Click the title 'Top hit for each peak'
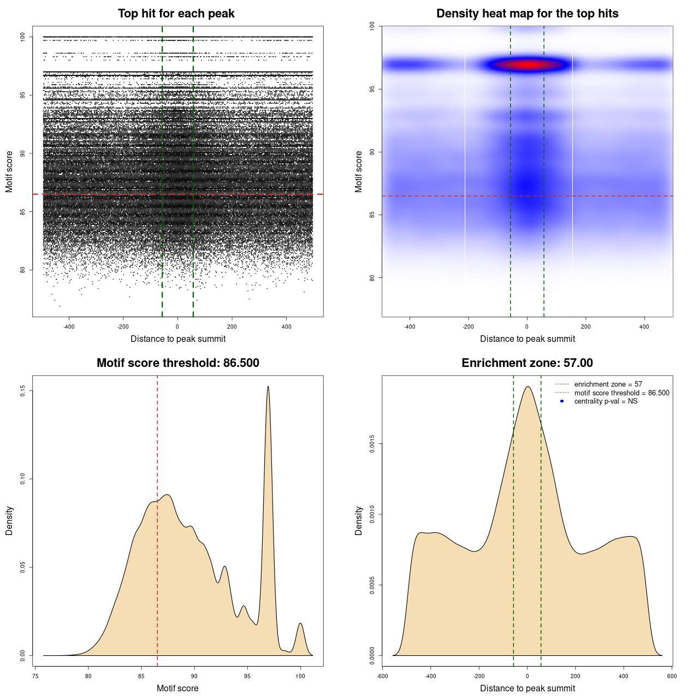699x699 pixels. coord(176,14)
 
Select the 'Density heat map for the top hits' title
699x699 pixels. coord(527,14)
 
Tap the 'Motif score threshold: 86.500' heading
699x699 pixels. coord(177,363)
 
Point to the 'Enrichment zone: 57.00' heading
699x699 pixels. coord(527,363)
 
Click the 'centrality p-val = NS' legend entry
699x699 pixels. coord(606,401)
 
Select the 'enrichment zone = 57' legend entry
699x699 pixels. coord(608,384)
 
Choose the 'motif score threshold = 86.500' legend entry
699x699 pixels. coord(621,393)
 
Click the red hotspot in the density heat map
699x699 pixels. coord(528,65)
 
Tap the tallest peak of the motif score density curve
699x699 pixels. coord(268,387)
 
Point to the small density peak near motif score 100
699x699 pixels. coord(300,624)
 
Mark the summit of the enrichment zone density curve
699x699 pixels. coord(528,387)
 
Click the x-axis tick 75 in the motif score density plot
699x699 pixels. coord(35,676)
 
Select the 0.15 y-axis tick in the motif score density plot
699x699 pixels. coord(22,391)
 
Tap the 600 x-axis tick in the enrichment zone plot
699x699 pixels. coord(672,676)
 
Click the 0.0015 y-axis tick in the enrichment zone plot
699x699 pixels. coord(372,444)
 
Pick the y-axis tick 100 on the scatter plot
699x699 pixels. coord(22,37)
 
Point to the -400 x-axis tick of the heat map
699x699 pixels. coord(410,327)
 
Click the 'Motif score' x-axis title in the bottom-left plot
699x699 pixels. coord(177,688)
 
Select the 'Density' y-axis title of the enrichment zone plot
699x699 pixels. coord(359,520)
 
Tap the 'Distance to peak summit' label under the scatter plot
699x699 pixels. coord(178,339)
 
